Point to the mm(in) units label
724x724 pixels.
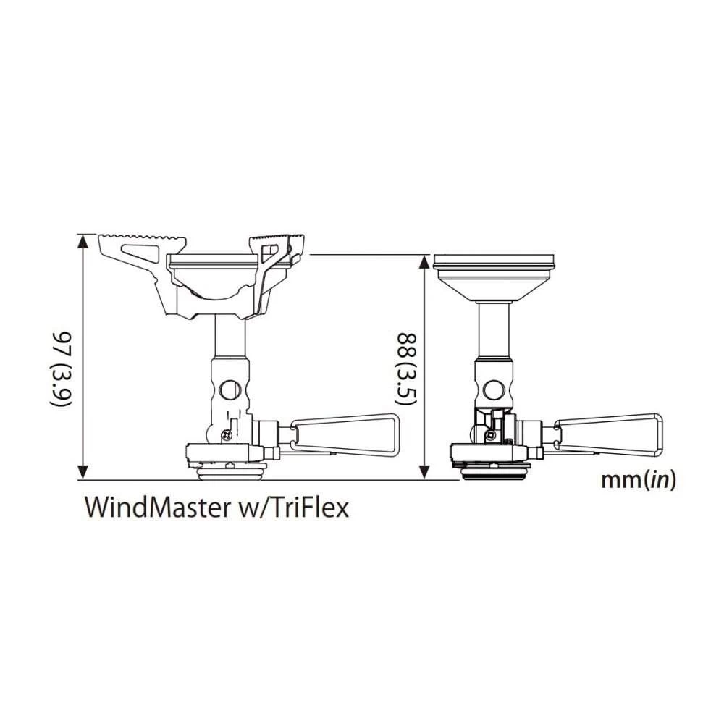click(x=638, y=480)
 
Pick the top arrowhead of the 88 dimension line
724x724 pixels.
click(x=424, y=259)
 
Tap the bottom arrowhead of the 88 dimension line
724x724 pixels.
click(x=424, y=474)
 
